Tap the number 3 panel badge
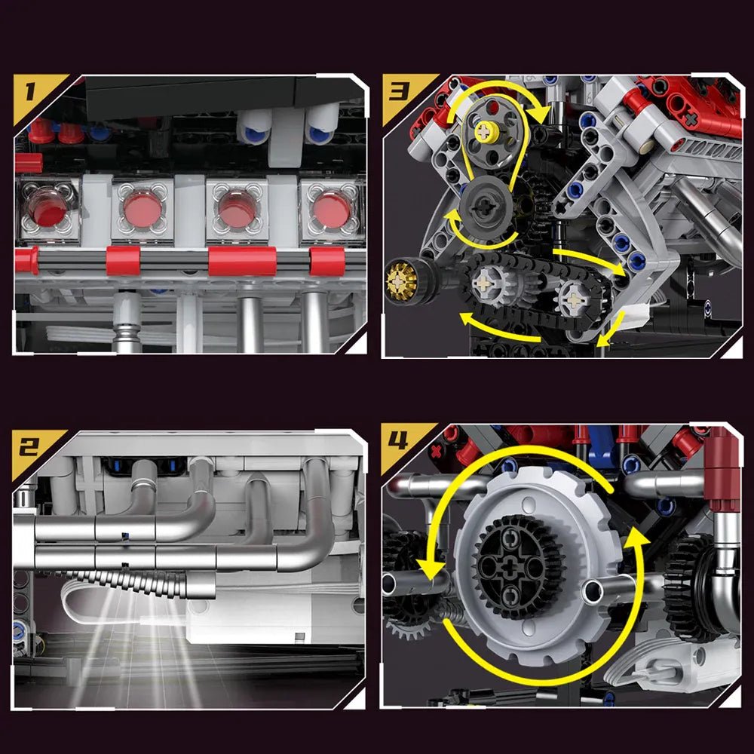[x=399, y=93]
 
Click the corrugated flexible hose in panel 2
[x=132, y=581]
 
